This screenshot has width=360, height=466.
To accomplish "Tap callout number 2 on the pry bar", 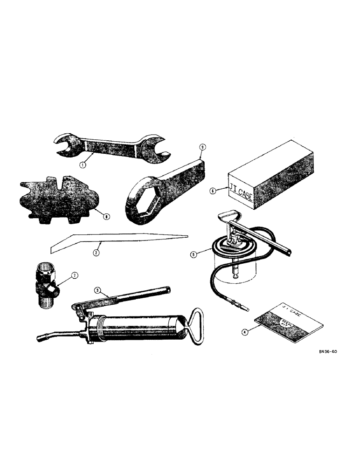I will (x=97, y=253).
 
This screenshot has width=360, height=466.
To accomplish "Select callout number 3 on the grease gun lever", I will (x=97, y=289).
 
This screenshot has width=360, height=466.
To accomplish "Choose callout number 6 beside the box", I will (x=213, y=190).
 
